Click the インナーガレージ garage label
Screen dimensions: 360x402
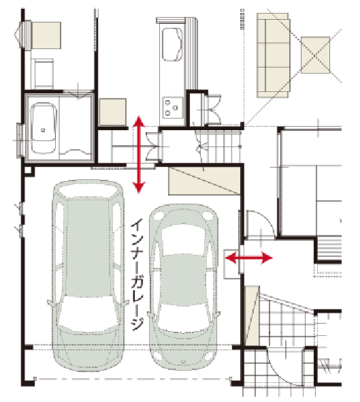click(x=137, y=275)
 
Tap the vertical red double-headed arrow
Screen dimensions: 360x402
click(x=139, y=155)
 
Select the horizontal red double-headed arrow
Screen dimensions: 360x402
click(x=248, y=258)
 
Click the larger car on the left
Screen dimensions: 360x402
click(x=88, y=275)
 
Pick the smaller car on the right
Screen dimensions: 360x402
click(x=184, y=287)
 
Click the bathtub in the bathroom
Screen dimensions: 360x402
click(x=43, y=129)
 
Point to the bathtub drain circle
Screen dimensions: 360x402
click(x=43, y=130)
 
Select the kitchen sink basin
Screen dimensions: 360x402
click(x=172, y=44)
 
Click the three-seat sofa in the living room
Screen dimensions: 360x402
click(x=274, y=56)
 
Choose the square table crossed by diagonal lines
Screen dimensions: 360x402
click(x=315, y=55)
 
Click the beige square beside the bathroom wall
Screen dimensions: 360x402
click(x=113, y=112)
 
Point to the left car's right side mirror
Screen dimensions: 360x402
click(x=125, y=304)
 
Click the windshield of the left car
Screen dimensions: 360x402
click(x=88, y=313)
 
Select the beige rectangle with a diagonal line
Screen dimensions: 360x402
click(x=204, y=181)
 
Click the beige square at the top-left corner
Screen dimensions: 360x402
click(x=46, y=35)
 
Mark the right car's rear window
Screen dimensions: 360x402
click(x=183, y=241)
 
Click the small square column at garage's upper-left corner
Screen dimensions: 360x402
click(x=29, y=171)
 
